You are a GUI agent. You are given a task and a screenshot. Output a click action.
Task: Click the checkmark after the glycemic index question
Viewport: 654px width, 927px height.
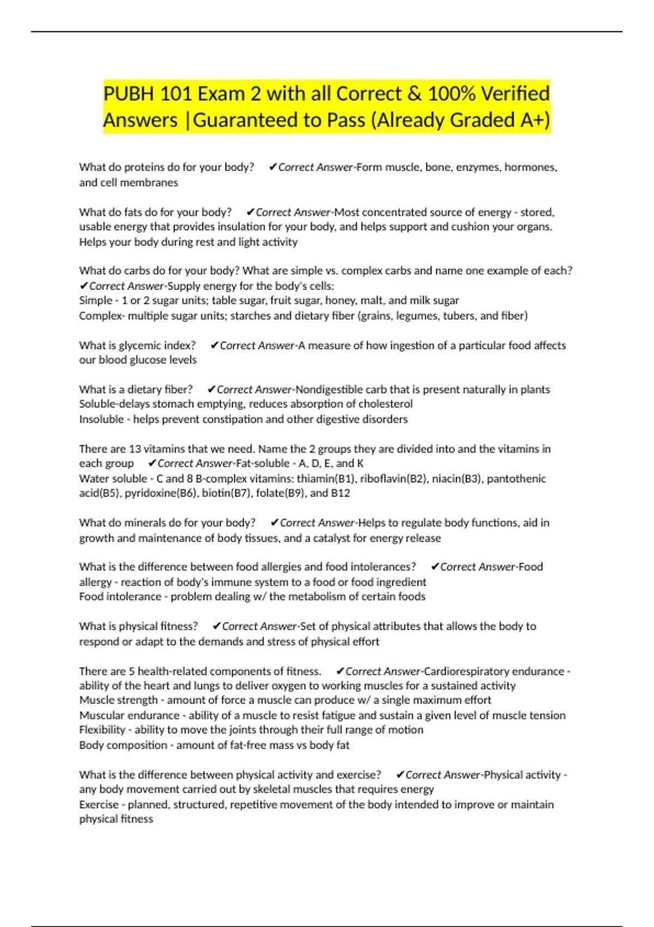pyautogui.click(x=214, y=346)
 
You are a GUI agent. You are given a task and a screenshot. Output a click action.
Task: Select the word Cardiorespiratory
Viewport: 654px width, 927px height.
pyautogui.click(x=494, y=671)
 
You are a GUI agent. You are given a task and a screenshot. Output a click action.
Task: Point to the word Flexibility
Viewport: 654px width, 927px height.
pyautogui.click(x=103, y=730)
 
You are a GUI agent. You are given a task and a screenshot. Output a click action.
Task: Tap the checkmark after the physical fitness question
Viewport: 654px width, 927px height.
pyautogui.click(x=216, y=627)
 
